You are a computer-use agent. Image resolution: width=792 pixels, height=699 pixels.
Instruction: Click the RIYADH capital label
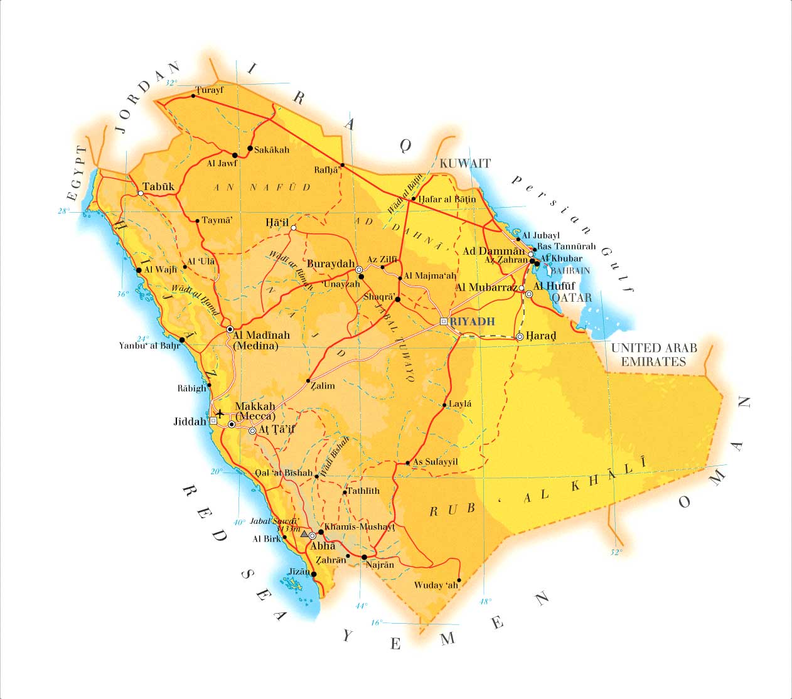[473, 322]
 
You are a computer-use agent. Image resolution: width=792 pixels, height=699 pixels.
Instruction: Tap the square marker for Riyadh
[443, 321]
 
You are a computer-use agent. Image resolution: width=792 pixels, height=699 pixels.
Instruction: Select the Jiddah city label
[190, 422]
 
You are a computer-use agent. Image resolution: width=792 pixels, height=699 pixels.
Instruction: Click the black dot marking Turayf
[193, 96]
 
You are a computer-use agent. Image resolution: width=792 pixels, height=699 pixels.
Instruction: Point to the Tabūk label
[158, 186]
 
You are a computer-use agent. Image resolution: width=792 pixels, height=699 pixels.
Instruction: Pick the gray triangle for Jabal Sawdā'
[304, 534]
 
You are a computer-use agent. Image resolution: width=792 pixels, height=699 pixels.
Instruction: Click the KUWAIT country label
[465, 163]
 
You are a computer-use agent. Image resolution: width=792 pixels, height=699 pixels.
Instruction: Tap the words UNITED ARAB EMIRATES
[653, 355]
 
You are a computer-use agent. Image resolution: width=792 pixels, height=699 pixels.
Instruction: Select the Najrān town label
[380, 565]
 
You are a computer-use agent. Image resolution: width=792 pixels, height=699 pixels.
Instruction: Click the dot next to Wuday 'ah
[459, 580]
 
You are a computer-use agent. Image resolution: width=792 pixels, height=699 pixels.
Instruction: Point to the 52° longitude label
[616, 552]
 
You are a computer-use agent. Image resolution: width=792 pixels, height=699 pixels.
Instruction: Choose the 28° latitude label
[63, 211]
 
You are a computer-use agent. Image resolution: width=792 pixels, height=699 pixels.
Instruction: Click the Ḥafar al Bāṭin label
[447, 199]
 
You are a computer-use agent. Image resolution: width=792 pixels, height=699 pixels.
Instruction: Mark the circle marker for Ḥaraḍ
[520, 337]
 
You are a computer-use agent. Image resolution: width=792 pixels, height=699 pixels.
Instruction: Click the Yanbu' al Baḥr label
[149, 346]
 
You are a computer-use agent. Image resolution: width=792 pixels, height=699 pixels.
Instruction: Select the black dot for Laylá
[444, 405]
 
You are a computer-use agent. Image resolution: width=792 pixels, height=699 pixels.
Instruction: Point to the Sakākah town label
[272, 150]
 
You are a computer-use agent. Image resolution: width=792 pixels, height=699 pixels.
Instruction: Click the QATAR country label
[572, 297]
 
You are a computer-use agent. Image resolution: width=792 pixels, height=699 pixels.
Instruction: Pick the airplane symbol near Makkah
[220, 414]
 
